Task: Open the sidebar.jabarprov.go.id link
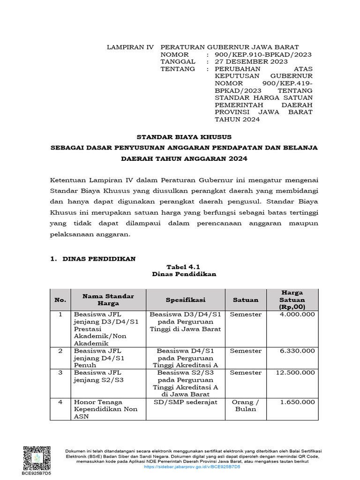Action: tap(192, 467)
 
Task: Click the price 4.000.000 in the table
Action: tap(297, 314)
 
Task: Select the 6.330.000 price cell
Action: tap(297, 351)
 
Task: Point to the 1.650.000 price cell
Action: tap(297, 402)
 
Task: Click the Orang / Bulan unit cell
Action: tap(245, 405)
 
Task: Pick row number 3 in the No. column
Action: tap(60, 373)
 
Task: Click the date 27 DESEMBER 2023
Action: tap(251, 61)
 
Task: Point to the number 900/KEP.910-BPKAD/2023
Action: tap(263, 54)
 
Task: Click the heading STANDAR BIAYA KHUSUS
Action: tap(184, 137)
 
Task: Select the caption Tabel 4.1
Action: tap(184, 267)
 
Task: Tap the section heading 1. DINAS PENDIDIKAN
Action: tap(93, 259)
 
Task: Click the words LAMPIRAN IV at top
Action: tap(124, 47)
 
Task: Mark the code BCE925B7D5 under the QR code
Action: tap(36, 473)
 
